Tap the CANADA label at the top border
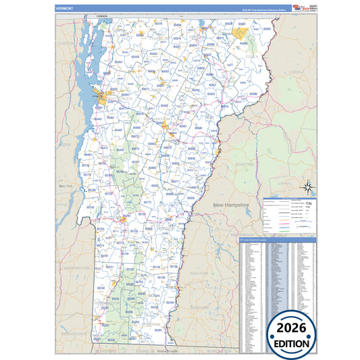click(x=102, y=14)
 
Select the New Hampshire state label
click(x=232, y=204)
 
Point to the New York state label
click(x=66, y=186)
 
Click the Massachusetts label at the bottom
click(x=171, y=351)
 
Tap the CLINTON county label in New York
click(x=66, y=43)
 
